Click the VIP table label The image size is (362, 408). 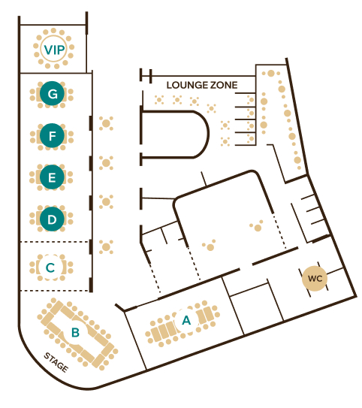pos(54,50)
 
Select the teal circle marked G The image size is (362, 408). pos(53,93)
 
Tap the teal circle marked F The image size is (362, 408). pos(53,135)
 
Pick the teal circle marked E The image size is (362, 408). pos(52,177)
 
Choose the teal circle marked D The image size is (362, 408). pos(52,219)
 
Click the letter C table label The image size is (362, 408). pos(50,267)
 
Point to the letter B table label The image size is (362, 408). pos(75,332)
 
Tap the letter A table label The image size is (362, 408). pos(186,320)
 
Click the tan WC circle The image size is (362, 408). pos(315,279)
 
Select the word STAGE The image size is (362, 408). pos(56,362)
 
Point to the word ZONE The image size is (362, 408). pos(224,85)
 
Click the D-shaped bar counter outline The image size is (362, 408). pos(208,134)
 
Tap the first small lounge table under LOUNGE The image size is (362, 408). pos(159,100)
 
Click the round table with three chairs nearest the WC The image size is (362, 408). pos(257,227)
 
